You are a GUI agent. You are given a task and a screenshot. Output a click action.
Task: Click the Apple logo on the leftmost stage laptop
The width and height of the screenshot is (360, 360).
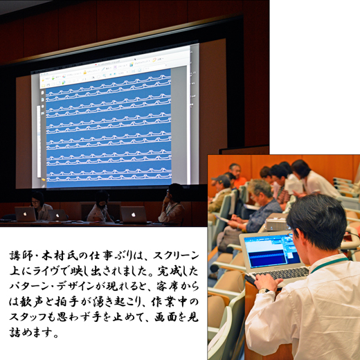pyautogui.click(x=25, y=214)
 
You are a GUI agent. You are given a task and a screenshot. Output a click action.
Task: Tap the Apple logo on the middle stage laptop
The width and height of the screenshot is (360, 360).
pyautogui.click(x=57, y=215)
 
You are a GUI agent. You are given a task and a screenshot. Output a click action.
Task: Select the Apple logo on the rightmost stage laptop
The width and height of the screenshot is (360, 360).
pyautogui.click(x=133, y=215)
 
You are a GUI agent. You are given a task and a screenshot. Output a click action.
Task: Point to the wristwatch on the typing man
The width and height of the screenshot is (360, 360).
pyautogui.click(x=264, y=291)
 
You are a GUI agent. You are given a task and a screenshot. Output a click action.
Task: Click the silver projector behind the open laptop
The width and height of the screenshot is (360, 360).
pyautogui.click(x=276, y=224)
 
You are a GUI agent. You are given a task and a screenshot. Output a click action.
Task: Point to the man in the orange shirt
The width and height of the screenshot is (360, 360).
pyautogui.click(x=236, y=174)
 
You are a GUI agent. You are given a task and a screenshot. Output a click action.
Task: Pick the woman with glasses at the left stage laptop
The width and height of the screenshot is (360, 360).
pyautogui.click(x=39, y=206)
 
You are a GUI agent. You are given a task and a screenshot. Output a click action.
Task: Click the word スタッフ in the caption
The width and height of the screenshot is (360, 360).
pyautogui.click(x=28, y=317)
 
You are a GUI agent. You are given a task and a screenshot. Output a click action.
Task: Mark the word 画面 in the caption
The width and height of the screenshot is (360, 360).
pyautogui.click(x=165, y=317)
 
